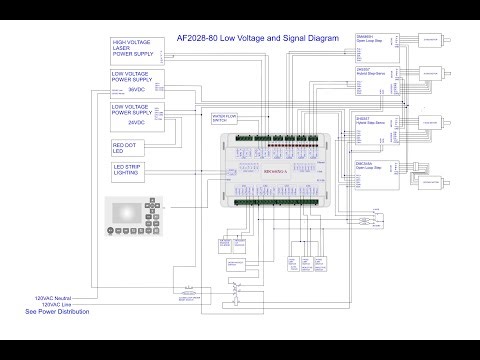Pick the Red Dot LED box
coord(130,149)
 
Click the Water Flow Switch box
coord(226,118)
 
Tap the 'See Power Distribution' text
coord(57,312)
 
